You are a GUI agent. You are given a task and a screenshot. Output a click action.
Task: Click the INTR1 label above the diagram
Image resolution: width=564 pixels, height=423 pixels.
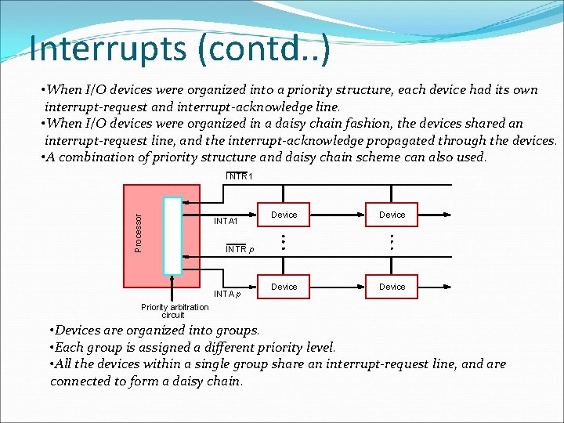pos(239,177)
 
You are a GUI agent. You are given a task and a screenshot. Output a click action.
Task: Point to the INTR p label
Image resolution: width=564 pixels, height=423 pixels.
pos(240,249)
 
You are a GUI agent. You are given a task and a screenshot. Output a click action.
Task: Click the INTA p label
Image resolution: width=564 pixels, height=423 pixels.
pos(227,294)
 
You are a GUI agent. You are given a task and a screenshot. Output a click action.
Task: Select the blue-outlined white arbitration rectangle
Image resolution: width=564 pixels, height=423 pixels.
pos(172,235)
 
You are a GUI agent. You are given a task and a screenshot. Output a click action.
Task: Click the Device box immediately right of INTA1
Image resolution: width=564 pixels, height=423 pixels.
pos(284,215)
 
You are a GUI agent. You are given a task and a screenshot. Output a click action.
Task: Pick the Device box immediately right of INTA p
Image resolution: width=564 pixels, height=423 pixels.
pos(284,287)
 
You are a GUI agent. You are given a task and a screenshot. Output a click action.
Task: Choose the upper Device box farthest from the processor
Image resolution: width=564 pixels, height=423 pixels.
pos(392,215)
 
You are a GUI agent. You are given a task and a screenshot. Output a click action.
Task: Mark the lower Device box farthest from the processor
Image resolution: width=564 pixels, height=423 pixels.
pos(392,287)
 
